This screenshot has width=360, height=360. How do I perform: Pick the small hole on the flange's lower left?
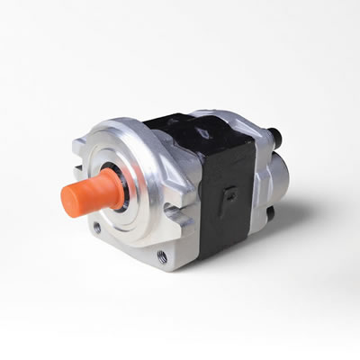[96, 228]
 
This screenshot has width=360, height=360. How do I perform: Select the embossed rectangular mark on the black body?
[231, 194]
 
